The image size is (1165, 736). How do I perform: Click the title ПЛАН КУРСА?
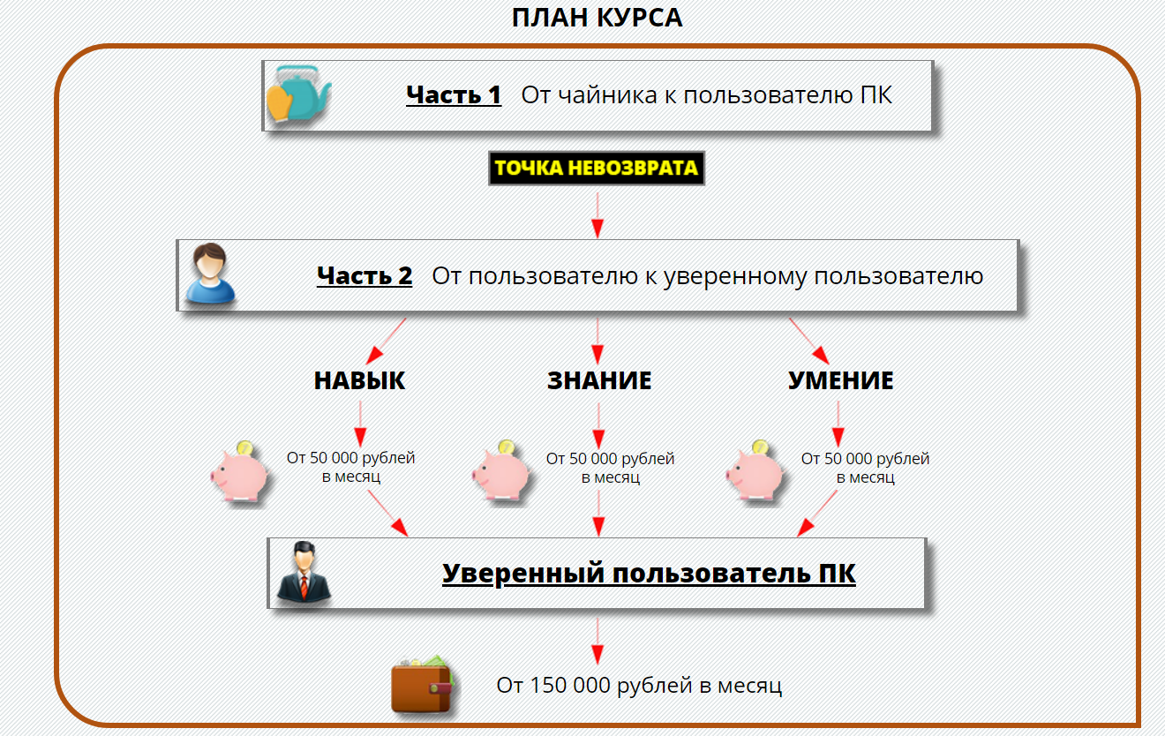point(597,18)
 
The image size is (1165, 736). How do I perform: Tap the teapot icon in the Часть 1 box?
point(298,94)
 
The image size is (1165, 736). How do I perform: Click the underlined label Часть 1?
point(454,95)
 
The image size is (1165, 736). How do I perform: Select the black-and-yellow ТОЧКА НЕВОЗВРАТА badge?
point(597,168)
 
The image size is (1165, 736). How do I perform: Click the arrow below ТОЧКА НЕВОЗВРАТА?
point(597,215)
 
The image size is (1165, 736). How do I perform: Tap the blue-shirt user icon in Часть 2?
point(210,274)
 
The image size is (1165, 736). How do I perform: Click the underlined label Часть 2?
point(365,275)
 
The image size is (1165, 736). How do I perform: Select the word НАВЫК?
point(359,380)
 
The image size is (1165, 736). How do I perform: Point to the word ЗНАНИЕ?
point(599,380)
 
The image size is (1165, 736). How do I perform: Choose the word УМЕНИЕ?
point(840,380)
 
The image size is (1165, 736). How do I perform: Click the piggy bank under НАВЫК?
point(240,472)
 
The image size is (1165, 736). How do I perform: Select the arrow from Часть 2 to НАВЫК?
point(386,342)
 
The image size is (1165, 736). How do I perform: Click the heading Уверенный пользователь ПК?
point(649,574)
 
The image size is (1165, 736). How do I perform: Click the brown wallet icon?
point(422,683)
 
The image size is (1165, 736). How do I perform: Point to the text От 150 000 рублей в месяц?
point(639,686)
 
